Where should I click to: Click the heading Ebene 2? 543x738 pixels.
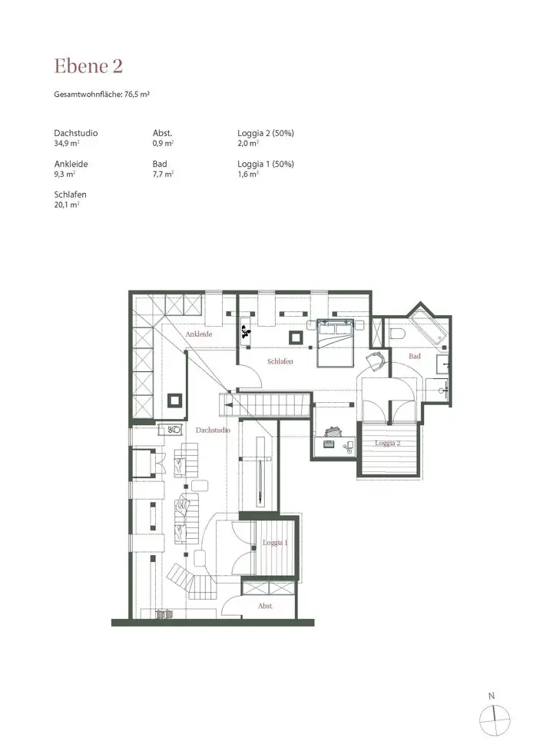88,66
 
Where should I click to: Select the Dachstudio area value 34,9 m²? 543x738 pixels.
67,143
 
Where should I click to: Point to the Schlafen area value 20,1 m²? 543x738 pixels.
67,204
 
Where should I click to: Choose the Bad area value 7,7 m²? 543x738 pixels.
163,175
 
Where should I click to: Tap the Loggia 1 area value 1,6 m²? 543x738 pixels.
248,175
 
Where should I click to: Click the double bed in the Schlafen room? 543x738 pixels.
335,343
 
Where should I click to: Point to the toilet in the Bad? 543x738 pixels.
397,334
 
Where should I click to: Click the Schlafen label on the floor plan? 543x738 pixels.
280,361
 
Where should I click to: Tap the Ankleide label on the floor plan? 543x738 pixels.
199,334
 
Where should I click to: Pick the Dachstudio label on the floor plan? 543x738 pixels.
213,430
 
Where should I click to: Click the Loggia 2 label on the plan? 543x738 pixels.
387,443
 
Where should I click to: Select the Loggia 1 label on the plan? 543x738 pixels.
275,543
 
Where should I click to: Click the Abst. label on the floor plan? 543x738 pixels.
265,607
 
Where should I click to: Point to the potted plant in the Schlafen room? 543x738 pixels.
246,332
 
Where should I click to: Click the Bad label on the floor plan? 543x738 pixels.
415,356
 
